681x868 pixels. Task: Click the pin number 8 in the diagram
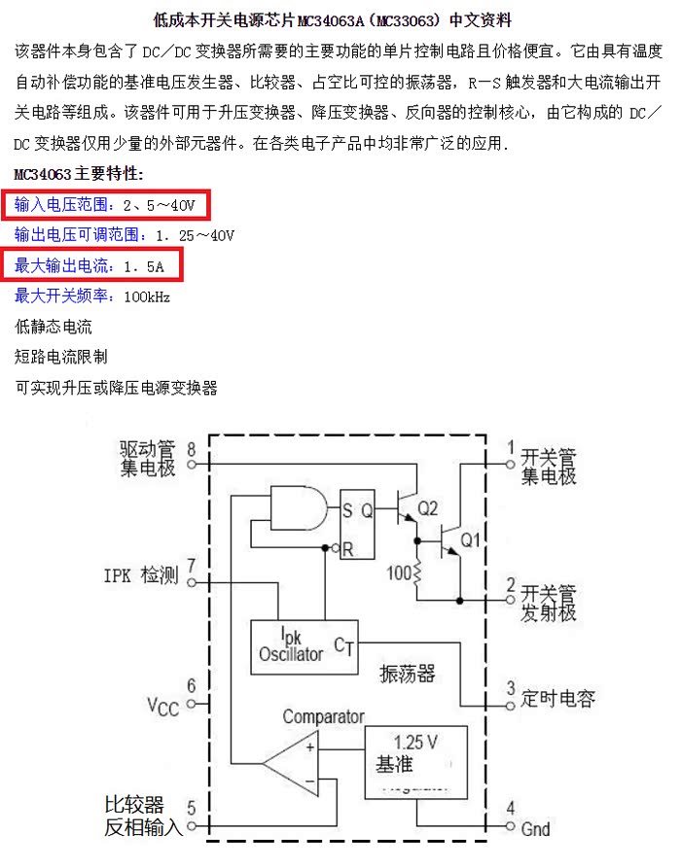191,450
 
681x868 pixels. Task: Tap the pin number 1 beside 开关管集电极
511,448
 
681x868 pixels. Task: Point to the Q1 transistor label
471,539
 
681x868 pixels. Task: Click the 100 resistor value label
400,573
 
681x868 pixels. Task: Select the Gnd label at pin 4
535,829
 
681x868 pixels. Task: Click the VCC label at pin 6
162,706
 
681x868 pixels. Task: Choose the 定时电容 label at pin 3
557,698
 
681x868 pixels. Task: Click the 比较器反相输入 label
143,816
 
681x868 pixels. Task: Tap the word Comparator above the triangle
323,717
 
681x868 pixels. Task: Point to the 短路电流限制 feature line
61,357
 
